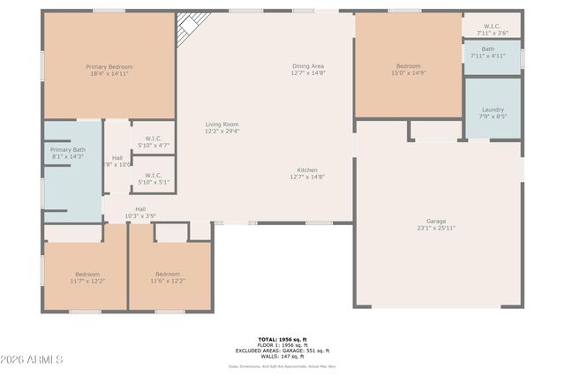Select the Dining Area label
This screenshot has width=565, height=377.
coord(308,66)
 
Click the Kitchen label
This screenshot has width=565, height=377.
coord(307,170)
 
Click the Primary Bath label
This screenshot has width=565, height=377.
coord(67,150)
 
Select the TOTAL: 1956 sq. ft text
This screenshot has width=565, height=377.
coord(282,339)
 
